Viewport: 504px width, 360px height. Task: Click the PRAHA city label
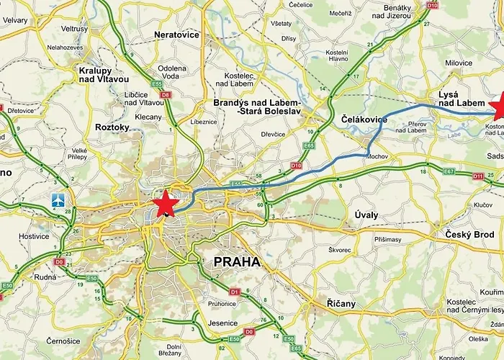point(237,262)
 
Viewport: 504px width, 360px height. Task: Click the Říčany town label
point(341,304)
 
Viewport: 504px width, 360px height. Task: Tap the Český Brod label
point(469,235)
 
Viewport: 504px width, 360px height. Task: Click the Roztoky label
point(112,127)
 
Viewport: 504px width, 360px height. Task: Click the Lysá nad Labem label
point(462,99)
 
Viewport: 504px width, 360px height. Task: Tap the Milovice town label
point(459,63)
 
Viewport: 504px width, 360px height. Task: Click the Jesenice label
point(222,324)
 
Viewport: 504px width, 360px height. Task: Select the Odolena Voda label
point(172,73)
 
